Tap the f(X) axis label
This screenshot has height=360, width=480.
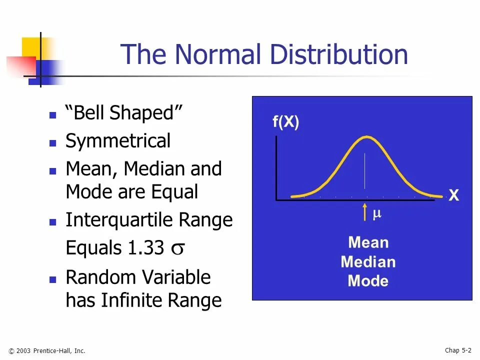pyautogui.click(x=285, y=122)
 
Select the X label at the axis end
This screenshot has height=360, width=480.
pyautogui.click(x=453, y=196)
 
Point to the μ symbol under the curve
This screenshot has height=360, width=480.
pyautogui.click(x=377, y=214)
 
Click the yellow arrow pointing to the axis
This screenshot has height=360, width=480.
pyautogui.click(x=365, y=212)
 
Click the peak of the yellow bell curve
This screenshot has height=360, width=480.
pyautogui.click(x=366, y=137)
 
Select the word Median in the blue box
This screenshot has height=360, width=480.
pyautogui.click(x=368, y=262)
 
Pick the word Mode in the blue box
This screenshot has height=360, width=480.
pyautogui.click(x=368, y=281)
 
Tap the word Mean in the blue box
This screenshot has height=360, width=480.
pyautogui.click(x=368, y=243)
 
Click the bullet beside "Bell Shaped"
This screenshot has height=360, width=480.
pyautogui.click(x=53, y=114)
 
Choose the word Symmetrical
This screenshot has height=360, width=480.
pyautogui.click(x=118, y=141)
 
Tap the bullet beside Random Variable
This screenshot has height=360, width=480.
pyautogui.click(x=53, y=279)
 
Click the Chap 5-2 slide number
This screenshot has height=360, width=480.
pyautogui.click(x=458, y=350)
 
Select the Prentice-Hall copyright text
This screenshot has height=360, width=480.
pyautogui.click(x=47, y=351)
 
